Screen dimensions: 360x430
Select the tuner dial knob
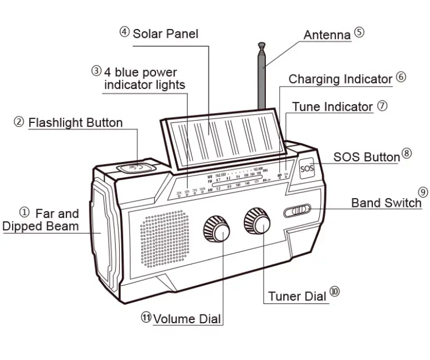pos(258,221)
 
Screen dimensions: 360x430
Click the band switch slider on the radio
pos(298,210)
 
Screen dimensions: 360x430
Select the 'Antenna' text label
pos(327,35)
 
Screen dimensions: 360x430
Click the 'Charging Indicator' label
pos(340,79)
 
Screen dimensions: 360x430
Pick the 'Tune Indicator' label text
pos(332,106)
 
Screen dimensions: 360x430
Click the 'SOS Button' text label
pos(366,157)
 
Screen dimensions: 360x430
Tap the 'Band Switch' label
pos(387,203)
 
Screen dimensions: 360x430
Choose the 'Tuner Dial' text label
pos(297,297)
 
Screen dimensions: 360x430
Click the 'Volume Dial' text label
pos(187,319)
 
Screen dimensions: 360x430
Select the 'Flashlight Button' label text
pos(75,122)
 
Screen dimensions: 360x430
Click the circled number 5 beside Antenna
pos(359,32)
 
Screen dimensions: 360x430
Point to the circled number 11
pos(146,317)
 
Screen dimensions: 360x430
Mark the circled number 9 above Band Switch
pos(422,192)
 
